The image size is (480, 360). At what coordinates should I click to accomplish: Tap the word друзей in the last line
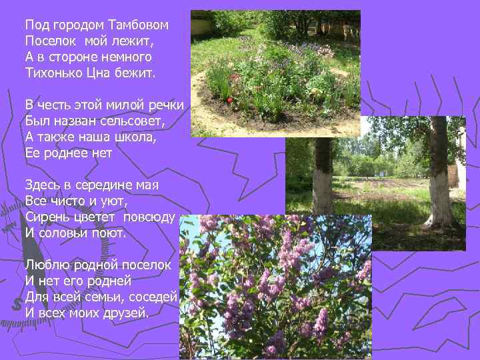(x=125, y=312)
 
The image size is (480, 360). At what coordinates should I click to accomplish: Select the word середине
(x=106, y=185)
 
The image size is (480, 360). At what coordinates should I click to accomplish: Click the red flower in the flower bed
(x=231, y=99)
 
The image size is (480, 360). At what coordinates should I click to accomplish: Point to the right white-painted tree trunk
(x=439, y=180)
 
